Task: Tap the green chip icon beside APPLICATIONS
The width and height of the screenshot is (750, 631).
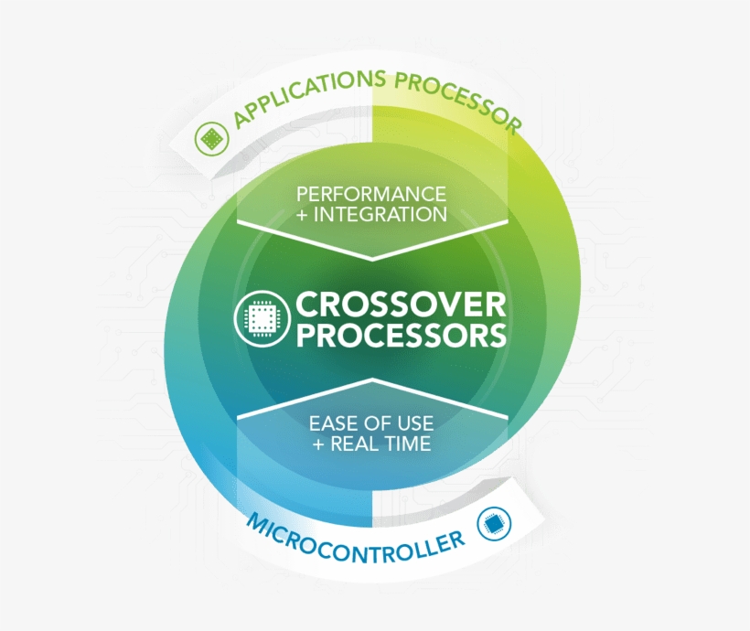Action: point(212,139)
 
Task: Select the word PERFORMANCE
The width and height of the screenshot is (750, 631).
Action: point(371,194)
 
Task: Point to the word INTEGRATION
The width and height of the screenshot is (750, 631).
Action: point(380,214)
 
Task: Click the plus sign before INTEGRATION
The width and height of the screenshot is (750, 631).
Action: point(303,215)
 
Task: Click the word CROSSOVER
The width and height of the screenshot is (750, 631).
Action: point(401,305)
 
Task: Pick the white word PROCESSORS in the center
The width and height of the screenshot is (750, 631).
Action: point(401,335)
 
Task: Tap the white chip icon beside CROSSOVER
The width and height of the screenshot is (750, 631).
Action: point(262,318)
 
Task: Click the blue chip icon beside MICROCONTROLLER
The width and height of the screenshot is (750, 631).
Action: point(494,523)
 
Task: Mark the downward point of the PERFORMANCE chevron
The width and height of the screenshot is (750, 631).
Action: point(372,261)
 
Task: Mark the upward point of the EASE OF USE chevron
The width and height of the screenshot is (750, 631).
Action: point(372,379)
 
